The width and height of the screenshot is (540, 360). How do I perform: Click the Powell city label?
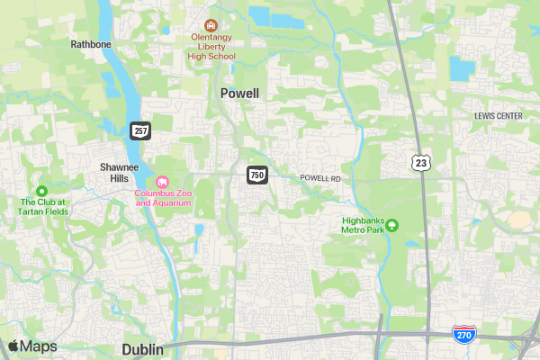(239, 94)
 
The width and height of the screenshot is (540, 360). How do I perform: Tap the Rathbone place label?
(90, 42)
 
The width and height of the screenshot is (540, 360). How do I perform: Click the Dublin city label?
(142, 349)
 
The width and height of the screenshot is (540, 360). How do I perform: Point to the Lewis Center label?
(498, 116)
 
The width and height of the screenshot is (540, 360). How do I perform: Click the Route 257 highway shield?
(140, 130)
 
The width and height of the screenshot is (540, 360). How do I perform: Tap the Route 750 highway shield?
(257, 175)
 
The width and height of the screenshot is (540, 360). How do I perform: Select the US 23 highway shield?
(420, 161)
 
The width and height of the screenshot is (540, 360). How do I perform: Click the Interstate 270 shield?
(464, 335)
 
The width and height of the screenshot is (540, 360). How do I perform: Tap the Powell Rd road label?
(320, 179)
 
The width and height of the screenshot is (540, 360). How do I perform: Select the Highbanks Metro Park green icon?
(392, 224)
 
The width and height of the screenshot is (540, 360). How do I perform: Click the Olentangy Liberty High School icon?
(211, 25)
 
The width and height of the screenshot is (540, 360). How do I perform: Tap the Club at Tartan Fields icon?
(41, 190)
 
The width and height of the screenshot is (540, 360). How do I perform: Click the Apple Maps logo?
(32, 346)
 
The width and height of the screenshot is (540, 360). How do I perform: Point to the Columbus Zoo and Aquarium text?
(163, 198)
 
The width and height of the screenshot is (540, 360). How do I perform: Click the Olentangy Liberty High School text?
(211, 47)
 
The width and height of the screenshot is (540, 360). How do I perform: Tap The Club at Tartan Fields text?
(44, 207)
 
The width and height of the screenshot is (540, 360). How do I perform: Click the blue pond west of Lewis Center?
(462, 68)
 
